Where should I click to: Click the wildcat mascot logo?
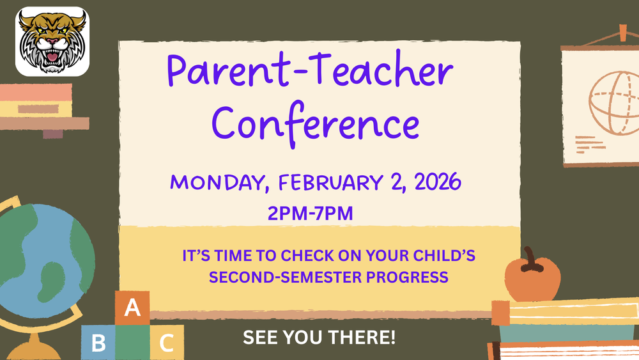click(x=52, y=42)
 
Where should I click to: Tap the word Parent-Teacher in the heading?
click(x=311, y=72)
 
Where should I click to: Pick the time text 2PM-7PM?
click(x=311, y=214)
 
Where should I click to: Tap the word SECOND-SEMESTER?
click(x=282, y=278)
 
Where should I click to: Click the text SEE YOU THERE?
click(x=319, y=337)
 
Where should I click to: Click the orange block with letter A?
click(x=132, y=308)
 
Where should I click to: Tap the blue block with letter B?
click(x=98, y=343)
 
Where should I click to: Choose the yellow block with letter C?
click(x=167, y=343)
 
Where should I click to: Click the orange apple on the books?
click(x=532, y=279)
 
